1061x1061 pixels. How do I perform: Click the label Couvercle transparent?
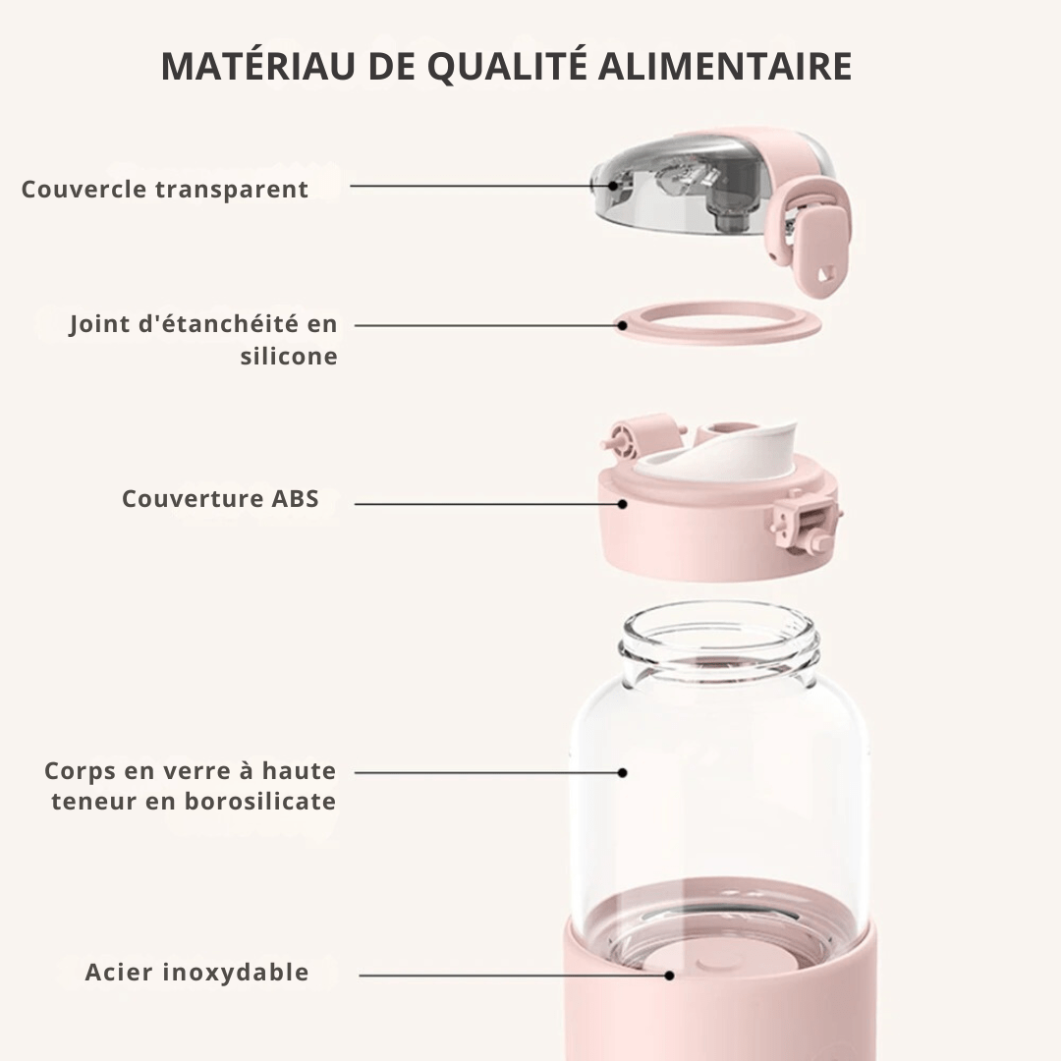click(165, 189)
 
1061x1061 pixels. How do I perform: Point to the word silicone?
click(289, 356)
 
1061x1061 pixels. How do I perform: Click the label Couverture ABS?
click(220, 498)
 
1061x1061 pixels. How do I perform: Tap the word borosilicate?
click(260, 801)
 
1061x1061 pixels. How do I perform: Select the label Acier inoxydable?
click(196, 973)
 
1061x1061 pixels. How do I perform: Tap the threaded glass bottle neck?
click(719, 643)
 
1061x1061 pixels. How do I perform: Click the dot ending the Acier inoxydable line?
click(669, 976)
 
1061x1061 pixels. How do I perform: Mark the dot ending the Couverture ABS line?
click(622, 504)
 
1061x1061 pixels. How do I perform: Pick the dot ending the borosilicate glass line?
click(622, 773)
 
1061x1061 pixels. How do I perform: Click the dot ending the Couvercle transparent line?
click(614, 184)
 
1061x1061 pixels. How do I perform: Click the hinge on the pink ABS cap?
click(639, 436)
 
